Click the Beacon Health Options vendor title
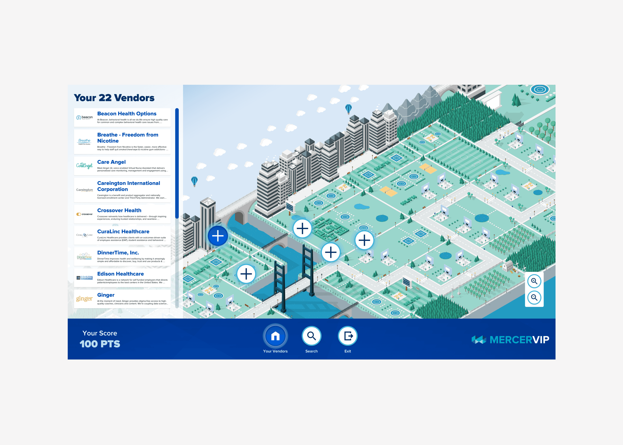(x=127, y=114)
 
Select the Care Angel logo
(x=84, y=165)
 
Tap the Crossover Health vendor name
(x=119, y=210)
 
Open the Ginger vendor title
(x=106, y=295)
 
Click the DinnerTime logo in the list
(x=84, y=256)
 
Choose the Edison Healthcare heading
(x=120, y=274)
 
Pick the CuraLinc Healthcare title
(x=123, y=232)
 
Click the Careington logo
(x=84, y=190)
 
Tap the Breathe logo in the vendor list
(x=84, y=141)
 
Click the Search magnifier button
(x=311, y=336)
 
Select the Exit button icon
(x=348, y=336)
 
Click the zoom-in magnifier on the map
(x=534, y=281)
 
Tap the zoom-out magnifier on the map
(x=534, y=298)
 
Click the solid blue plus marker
(x=218, y=236)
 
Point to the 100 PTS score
(x=100, y=344)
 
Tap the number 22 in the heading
(x=105, y=98)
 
